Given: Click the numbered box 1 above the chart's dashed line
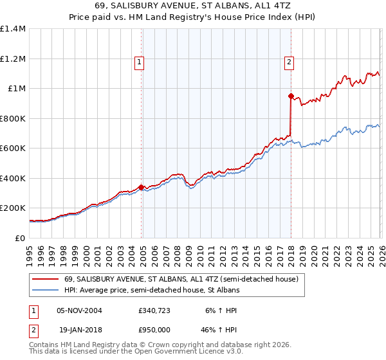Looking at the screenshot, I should [x=139, y=62].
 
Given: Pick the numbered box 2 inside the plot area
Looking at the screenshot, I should [x=289, y=62].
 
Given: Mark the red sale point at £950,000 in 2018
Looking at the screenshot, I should [x=291, y=96].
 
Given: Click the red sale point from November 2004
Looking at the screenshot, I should [x=142, y=187].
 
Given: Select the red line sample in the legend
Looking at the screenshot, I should [x=46, y=280].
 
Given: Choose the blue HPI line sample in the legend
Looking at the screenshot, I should [x=46, y=290].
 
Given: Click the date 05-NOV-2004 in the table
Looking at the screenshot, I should [x=79, y=310].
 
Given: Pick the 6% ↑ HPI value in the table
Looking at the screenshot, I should [x=219, y=310].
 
